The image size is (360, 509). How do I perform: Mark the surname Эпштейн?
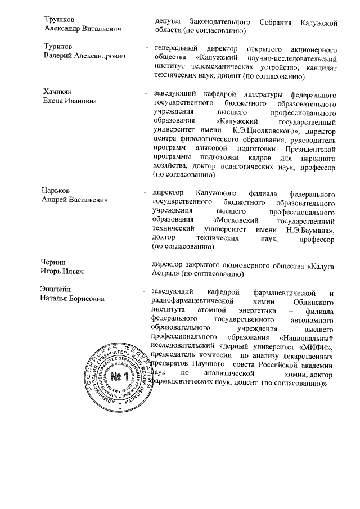click(x=59, y=290)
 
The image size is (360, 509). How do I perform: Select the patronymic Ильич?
click(x=70, y=272)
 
